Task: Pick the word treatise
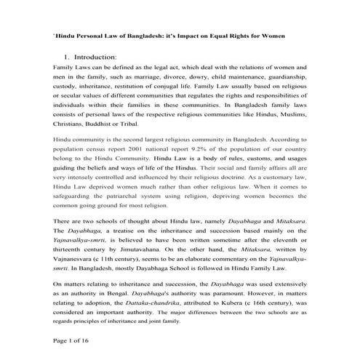(x=95, y=226)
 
